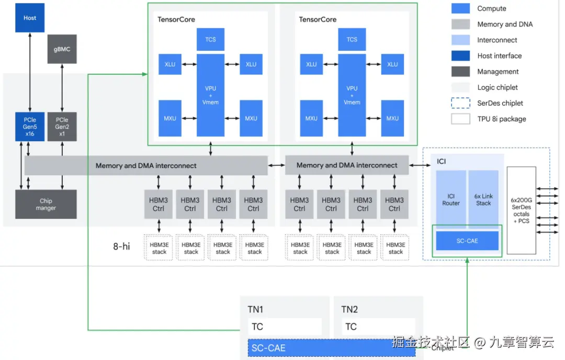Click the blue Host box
tap(30, 18)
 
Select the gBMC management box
tap(62, 49)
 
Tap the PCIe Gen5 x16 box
tap(30, 126)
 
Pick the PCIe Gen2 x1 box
tap(62, 126)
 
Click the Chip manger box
tap(46, 204)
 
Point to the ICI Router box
tap(451, 199)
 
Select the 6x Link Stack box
tap(483, 199)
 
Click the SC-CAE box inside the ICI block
tap(467, 241)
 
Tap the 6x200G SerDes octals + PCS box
tap(521, 210)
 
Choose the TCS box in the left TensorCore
tap(210, 39)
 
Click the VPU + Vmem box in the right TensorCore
tap(352, 95)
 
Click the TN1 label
tap(255, 309)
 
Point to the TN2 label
tap(349, 309)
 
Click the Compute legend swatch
tap(460, 8)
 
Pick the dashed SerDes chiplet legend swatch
tap(460, 103)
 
